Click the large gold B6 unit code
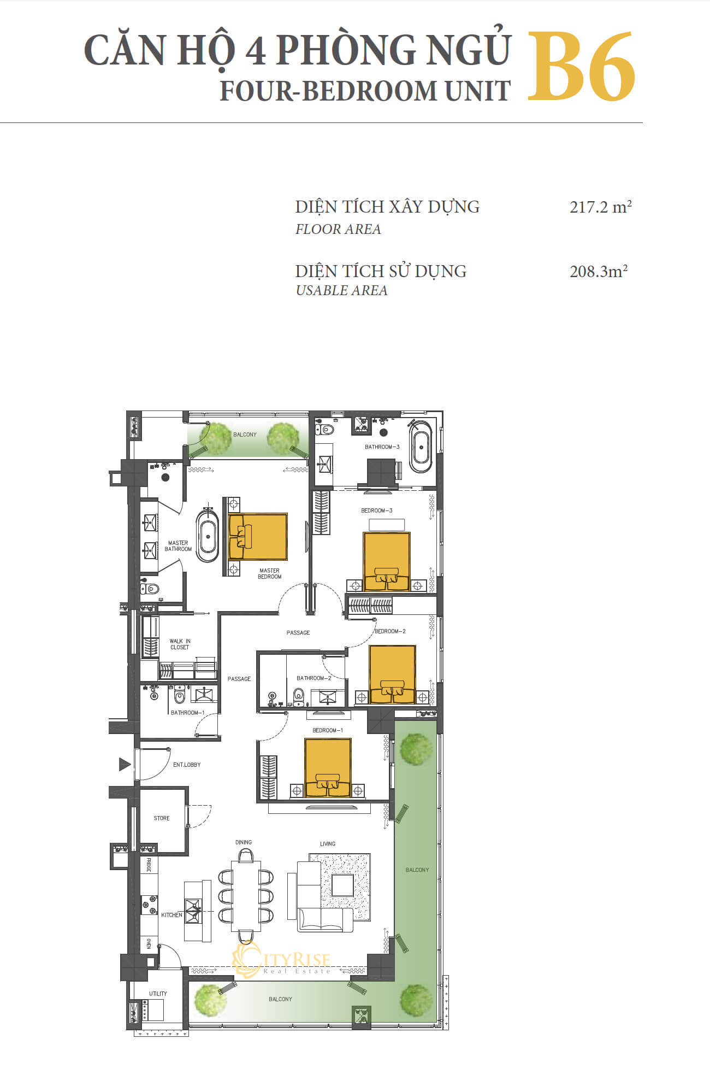[x=582, y=66]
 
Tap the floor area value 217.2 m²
[x=601, y=207]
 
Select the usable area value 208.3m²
[x=599, y=271]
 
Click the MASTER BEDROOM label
[x=270, y=573]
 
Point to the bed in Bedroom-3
[x=387, y=562]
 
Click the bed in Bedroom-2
[x=392, y=674]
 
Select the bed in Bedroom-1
[x=328, y=768]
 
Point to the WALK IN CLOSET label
[x=180, y=644]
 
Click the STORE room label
[x=162, y=818]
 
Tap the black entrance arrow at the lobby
[x=125, y=764]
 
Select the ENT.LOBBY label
[x=187, y=765]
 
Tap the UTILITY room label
[x=158, y=994]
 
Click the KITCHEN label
[x=171, y=915]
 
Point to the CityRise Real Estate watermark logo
[x=282, y=961]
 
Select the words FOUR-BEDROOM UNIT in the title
[x=365, y=91]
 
